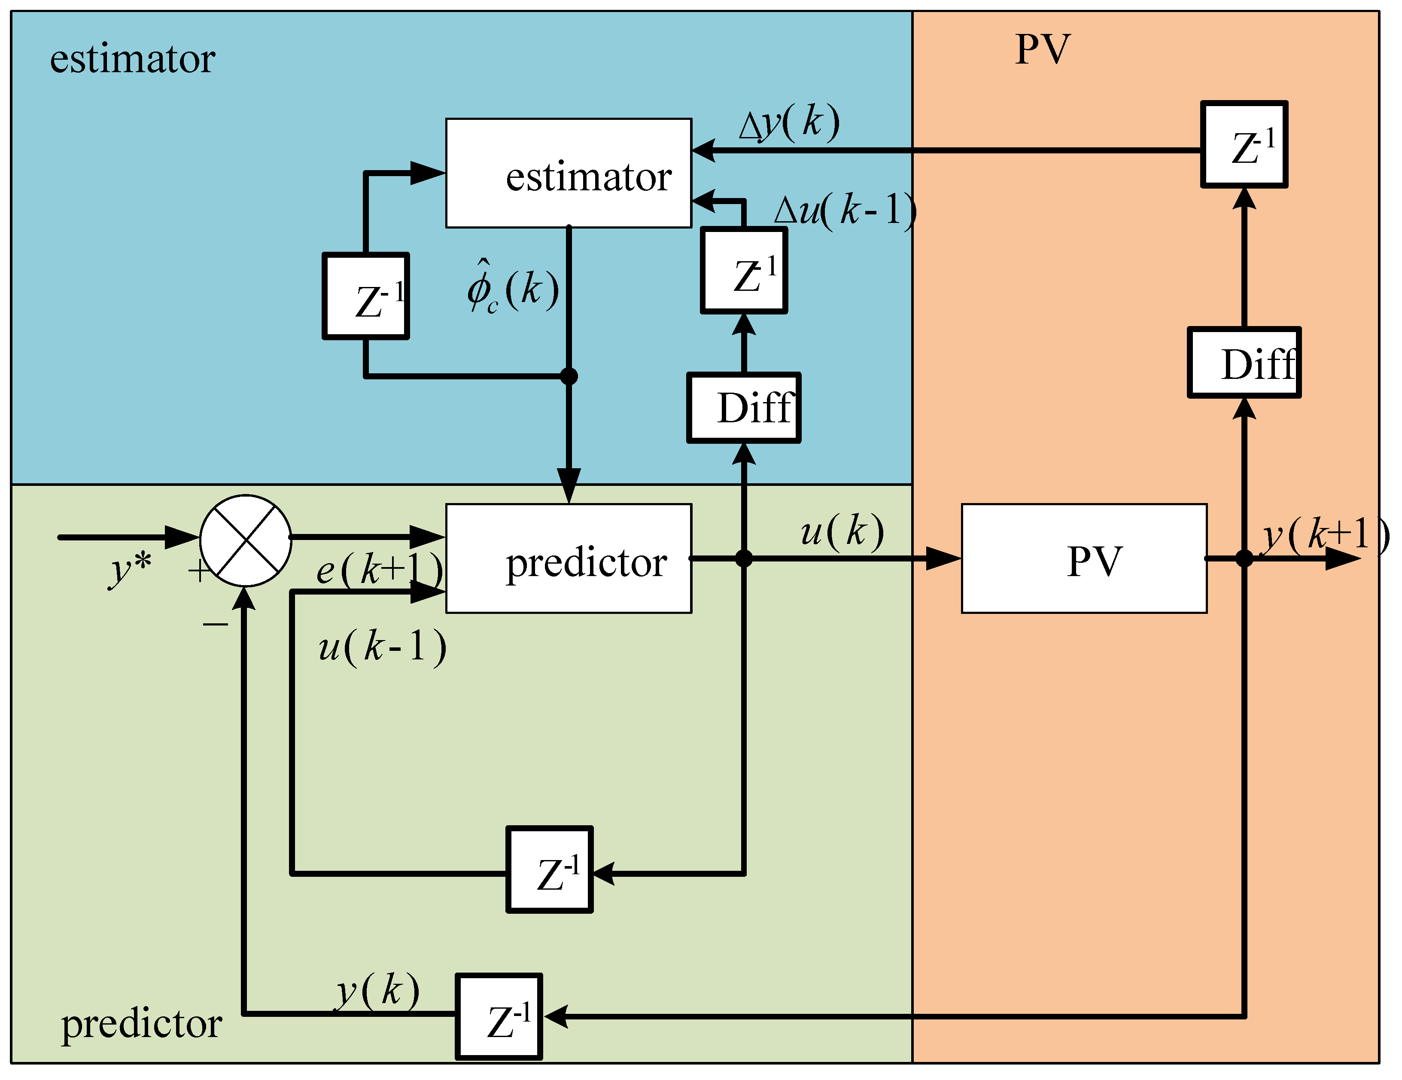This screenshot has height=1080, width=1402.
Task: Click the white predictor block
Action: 569,558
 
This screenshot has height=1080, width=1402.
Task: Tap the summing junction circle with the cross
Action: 246,540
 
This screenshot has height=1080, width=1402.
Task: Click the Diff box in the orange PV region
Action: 1244,363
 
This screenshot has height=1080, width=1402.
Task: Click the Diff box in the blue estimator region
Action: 743,408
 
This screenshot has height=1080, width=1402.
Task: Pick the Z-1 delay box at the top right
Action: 1244,144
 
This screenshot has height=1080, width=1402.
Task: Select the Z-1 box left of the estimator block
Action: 366,296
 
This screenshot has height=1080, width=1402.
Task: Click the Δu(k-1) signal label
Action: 844,211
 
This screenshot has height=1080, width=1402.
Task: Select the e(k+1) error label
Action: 379,569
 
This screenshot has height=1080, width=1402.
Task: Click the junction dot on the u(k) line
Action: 743,558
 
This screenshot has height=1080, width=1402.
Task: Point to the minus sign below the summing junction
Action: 215,623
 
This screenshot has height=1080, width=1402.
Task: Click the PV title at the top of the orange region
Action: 1043,49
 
